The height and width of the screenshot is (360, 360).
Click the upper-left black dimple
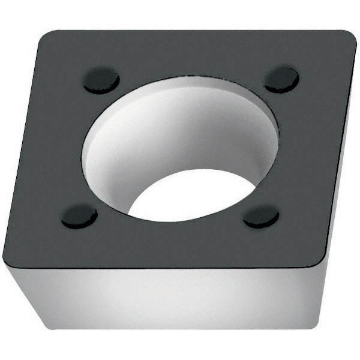(101, 80)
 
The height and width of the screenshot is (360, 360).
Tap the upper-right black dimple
(281, 79)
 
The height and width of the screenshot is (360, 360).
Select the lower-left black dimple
(79, 215)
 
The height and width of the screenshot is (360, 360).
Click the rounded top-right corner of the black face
(348, 37)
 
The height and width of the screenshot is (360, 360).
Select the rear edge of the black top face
(198, 31)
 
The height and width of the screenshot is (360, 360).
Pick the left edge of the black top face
(24, 150)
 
